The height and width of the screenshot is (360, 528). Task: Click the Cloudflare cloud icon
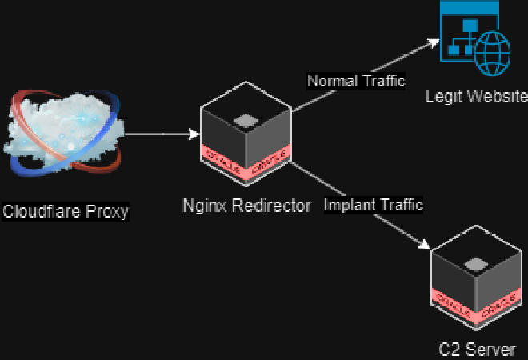(x=66, y=132)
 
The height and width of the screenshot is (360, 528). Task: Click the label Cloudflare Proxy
(x=66, y=212)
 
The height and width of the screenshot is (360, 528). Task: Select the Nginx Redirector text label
(x=246, y=206)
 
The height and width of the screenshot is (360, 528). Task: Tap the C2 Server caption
(x=477, y=349)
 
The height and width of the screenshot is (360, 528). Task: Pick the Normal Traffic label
(x=357, y=81)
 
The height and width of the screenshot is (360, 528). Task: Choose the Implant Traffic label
(x=374, y=205)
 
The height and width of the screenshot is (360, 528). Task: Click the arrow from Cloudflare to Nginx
(x=160, y=134)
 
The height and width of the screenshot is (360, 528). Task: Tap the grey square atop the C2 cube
(x=477, y=265)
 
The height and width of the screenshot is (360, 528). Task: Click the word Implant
(x=349, y=205)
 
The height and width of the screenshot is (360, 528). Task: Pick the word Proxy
(x=109, y=212)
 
